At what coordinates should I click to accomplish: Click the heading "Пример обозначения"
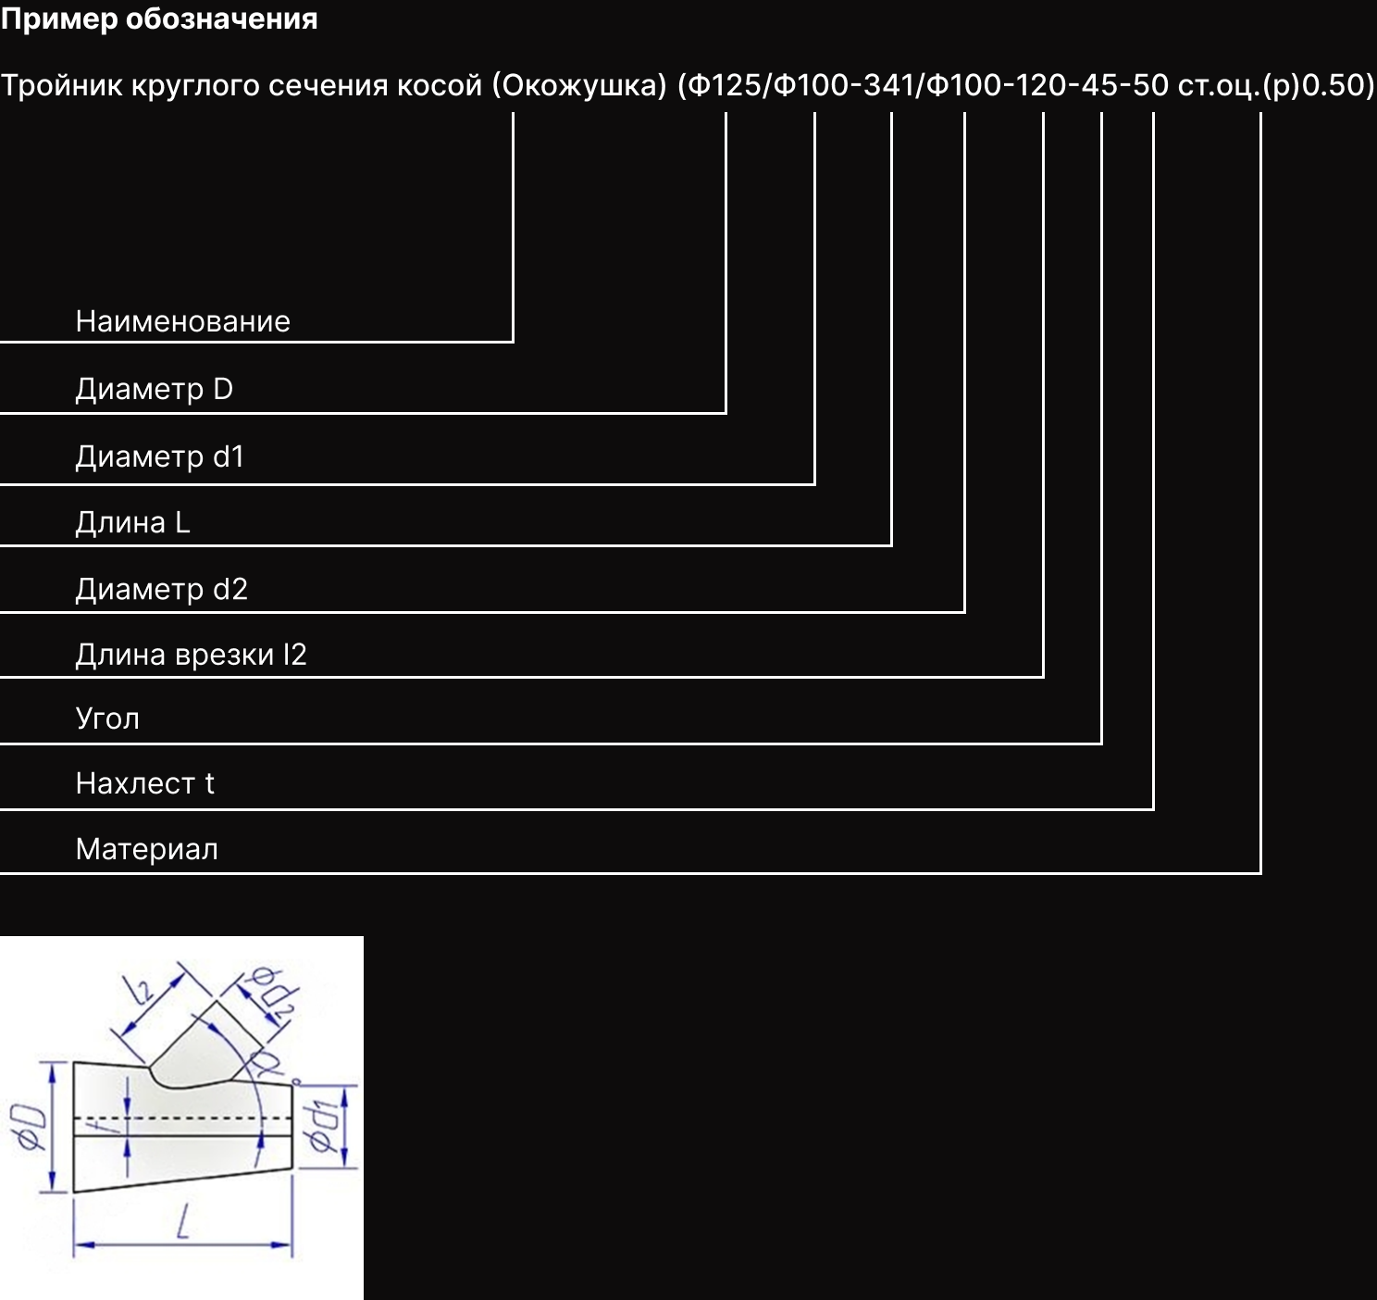[x=159, y=19]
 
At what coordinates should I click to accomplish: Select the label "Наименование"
[x=183, y=321]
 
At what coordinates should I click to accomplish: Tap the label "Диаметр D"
[x=154, y=390]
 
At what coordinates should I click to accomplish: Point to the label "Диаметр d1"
[x=160, y=456]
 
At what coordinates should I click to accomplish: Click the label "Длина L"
[x=132, y=522]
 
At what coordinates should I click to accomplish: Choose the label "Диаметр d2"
[x=162, y=589]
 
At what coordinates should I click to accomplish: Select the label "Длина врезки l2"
[x=191, y=655]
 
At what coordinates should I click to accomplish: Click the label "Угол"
[x=107, y=719]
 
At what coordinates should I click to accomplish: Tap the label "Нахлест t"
[x=145, y=783]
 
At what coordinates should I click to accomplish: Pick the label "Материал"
[x=147, y=850]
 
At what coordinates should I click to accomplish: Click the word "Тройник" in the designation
[x=61, y=86]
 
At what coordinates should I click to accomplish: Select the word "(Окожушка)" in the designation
[x=579, y=86]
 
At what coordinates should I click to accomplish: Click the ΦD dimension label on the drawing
[x=30, y=1128]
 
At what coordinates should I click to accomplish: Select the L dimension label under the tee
[x=183, y=1221]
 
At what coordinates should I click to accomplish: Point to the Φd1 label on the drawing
[x=323, y=1126]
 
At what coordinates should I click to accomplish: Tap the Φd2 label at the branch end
[x=276, y=994]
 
